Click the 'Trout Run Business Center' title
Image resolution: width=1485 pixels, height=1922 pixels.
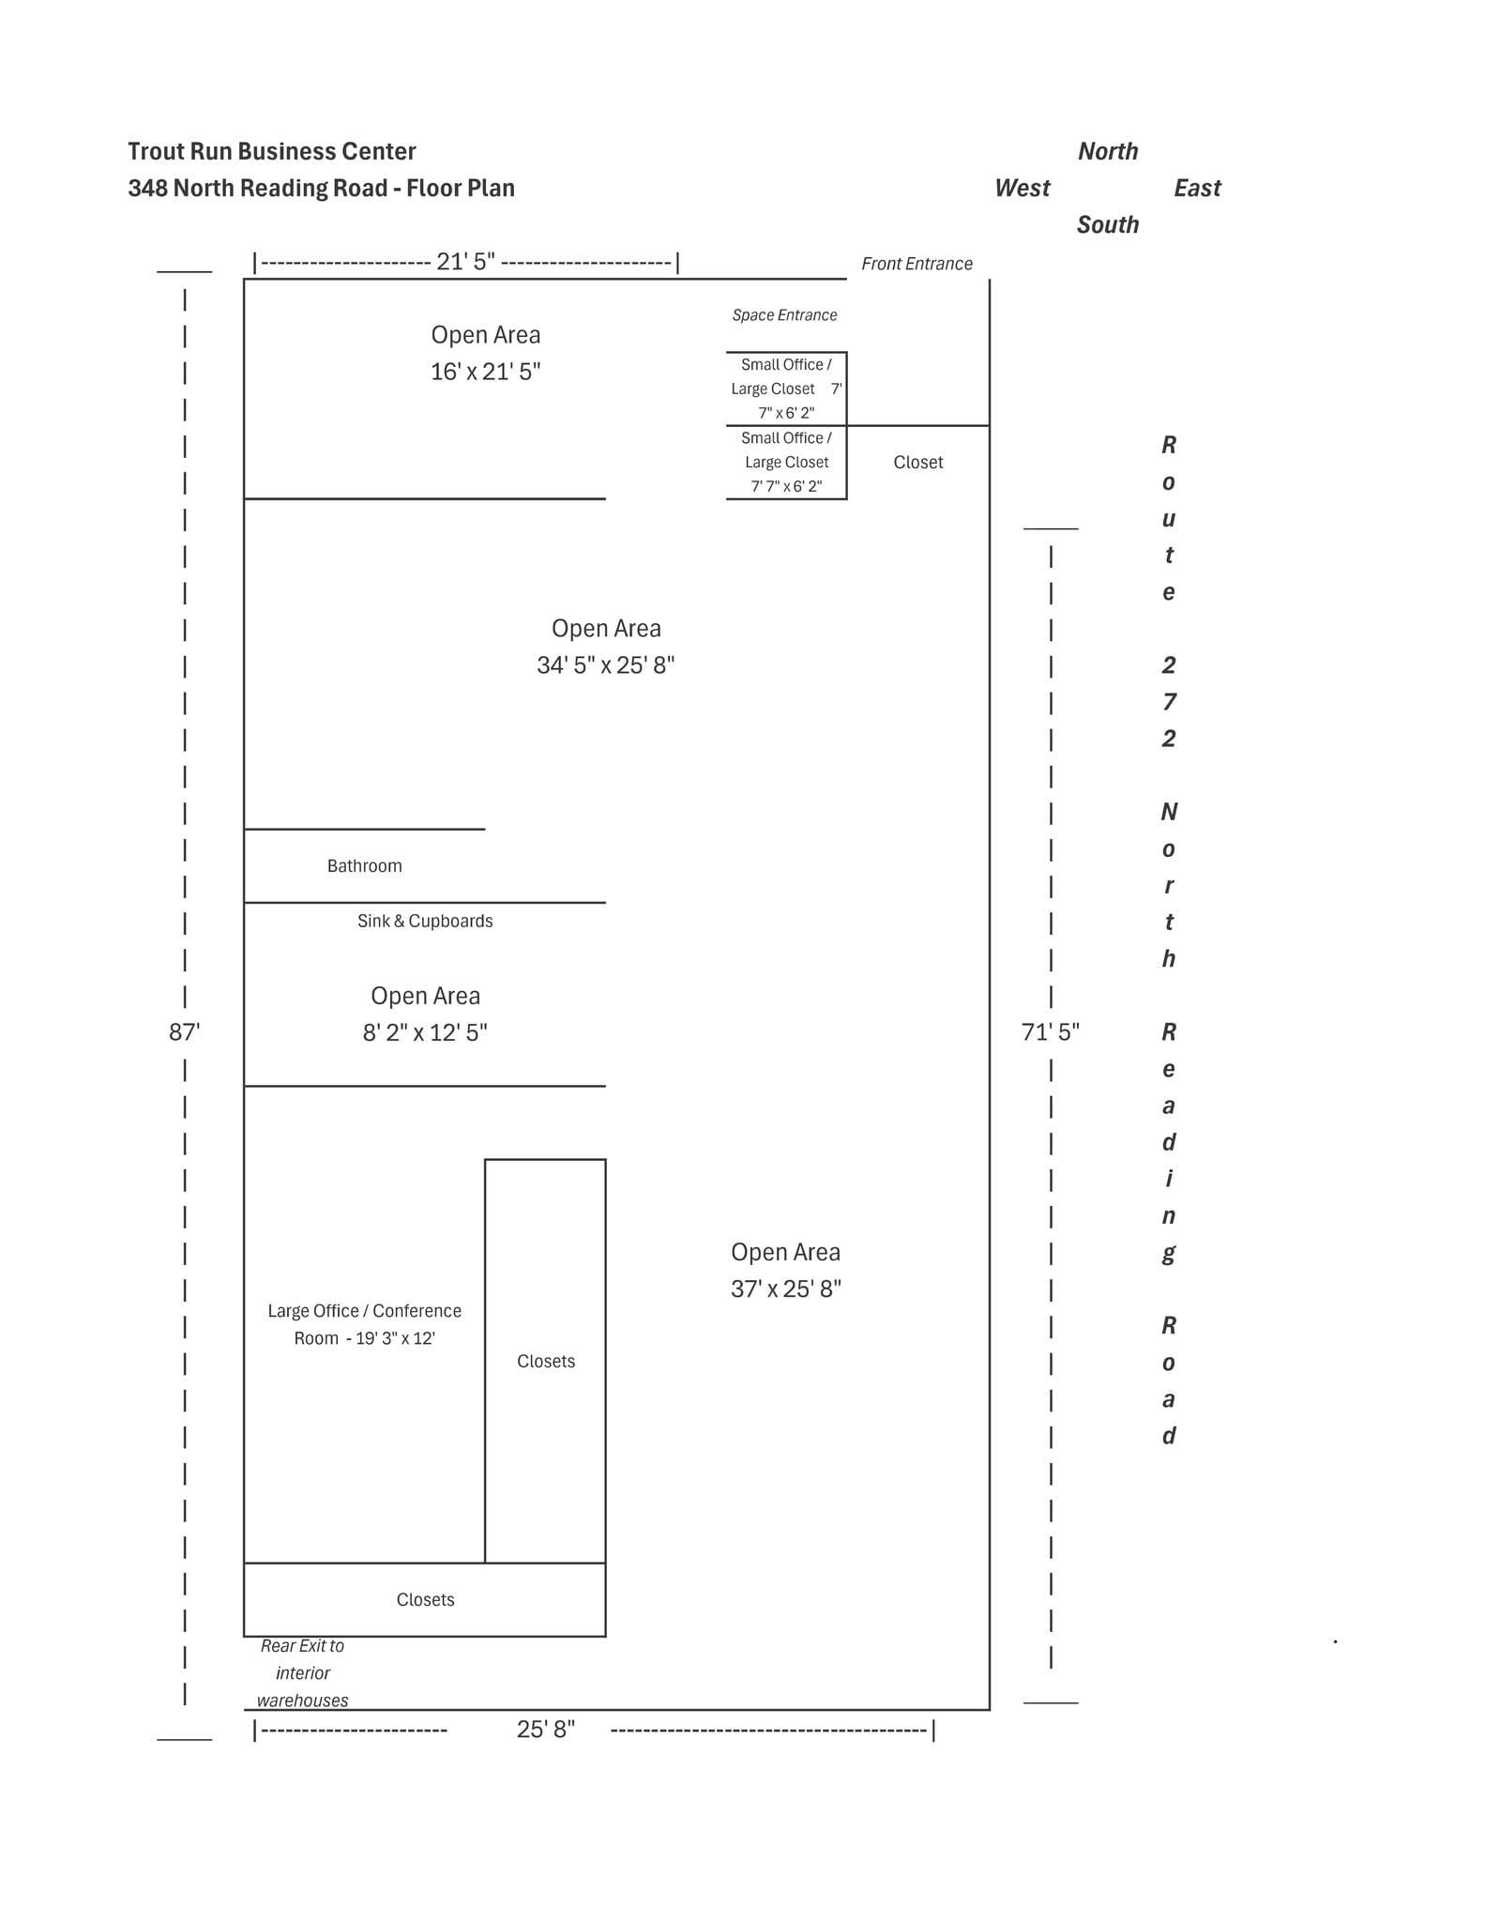click(271, 151)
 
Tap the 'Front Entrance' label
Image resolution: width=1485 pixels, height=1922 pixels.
click(917, 264)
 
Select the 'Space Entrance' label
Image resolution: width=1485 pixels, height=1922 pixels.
click(784, 315)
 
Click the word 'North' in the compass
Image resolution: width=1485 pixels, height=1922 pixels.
click(1107, 151)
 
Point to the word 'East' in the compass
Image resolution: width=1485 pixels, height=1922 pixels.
click(1197, 188)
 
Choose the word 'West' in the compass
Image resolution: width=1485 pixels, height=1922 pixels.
click(1022, 188)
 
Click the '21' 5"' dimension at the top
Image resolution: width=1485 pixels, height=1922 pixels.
click(465, 262)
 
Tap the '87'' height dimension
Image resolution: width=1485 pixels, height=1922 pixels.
click(184, 1032)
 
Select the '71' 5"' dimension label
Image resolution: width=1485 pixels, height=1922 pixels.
click(1050, 1032)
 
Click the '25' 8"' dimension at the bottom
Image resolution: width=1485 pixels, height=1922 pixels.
click(545, 1729)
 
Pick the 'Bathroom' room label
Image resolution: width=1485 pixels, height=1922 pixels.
click(364, 866)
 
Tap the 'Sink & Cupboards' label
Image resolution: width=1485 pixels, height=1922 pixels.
click(424, 921)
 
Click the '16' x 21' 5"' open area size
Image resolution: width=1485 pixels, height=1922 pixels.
click(485, 372)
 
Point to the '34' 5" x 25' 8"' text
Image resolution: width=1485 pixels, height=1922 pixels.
click(605, 665)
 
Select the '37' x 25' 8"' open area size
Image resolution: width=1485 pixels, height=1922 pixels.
click(785, 1289)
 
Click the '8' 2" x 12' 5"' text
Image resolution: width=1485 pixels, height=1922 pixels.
click(424, 1033)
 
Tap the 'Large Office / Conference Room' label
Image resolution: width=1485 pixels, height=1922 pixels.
click(364, 1324)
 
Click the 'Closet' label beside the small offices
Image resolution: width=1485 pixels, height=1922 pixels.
click(917, 462)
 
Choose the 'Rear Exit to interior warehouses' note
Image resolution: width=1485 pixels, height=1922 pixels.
click(302, 1672)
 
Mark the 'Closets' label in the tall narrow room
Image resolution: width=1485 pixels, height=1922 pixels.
click(545, 1361)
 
